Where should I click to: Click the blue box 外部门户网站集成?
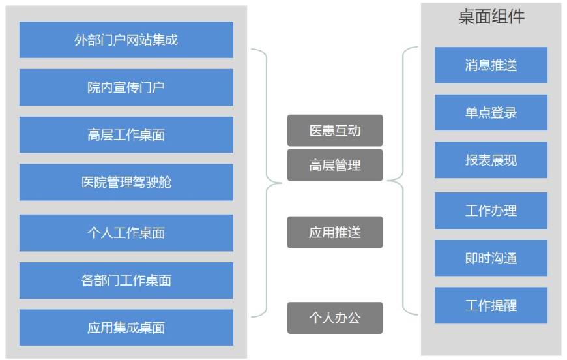126,40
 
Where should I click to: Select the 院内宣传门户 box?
126,87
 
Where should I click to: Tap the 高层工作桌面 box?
126,135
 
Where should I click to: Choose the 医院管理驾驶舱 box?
126,182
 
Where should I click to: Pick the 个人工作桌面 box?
126,233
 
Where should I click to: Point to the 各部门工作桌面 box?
126,280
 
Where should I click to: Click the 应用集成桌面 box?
126,327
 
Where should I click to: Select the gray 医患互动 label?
335,130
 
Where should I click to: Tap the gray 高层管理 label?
335,165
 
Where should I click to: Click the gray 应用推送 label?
335,232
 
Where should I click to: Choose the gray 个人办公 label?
335,318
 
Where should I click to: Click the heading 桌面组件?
491,18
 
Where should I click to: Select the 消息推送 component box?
491,65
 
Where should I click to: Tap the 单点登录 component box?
491,112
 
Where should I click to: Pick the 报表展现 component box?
491,160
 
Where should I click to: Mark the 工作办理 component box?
491,211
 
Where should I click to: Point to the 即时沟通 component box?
491,258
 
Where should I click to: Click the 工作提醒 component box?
491,305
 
